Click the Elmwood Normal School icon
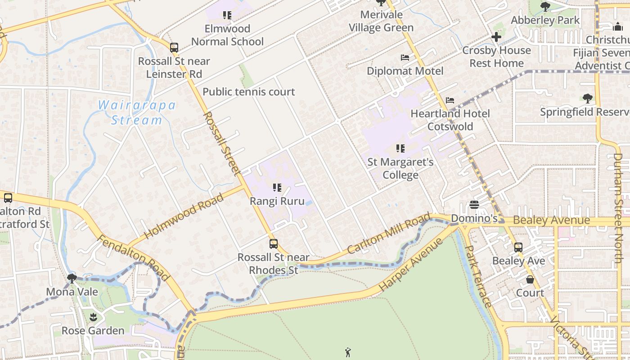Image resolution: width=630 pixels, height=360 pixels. click(x=227, y=16)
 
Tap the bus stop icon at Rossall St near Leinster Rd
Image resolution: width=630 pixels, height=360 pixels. click(x=174, y=47)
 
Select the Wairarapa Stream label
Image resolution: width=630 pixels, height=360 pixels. click(x=137, y=112)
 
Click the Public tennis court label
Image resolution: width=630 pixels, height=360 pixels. click(x=249, y=92)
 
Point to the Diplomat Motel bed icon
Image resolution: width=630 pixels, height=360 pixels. click(x=405, y=58)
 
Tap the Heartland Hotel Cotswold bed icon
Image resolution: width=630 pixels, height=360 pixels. click(x=450, y=100)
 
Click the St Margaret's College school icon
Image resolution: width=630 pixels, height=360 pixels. click(x=400, y=148)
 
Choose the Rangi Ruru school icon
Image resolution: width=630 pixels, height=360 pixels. click(x=277, y=188)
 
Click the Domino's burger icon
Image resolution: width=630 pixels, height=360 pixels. click(x=474, y=205)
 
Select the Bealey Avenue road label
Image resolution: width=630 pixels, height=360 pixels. click(x=551, y=220)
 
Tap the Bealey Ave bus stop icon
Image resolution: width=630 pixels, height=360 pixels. click(x=518, y=247)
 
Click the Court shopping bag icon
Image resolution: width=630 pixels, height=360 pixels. click(x=530, y=279)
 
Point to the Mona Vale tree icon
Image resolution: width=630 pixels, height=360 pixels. click(x=72, y=278)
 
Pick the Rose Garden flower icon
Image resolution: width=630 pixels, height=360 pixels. click(x=93, y=317)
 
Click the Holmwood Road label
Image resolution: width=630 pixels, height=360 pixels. click(x=184, y=216)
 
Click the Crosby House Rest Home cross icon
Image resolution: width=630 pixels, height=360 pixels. click(x=496, y=37)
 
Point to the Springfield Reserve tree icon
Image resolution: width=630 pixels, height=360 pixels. click(x=587, y=99)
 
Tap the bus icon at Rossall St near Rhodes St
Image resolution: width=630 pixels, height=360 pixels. click(x=274, y=244)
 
